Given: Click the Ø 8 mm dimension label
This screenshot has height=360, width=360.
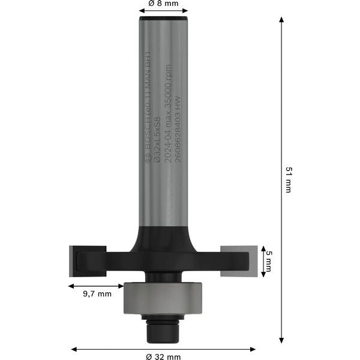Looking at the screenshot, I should click(x=163, y=4).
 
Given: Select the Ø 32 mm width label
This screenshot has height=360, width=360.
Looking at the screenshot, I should click(x=163, y=358).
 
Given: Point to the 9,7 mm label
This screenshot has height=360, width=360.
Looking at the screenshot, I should click(x=96, y=294).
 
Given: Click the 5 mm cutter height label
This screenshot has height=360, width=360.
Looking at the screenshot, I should click(x=268, y=262).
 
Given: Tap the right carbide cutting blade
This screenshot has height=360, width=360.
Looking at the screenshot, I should click(x=238, y=261).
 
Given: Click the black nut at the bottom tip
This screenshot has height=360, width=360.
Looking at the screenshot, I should click(x=163, y=326).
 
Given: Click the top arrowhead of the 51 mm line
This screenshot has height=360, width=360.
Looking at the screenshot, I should click(x=281, y=20).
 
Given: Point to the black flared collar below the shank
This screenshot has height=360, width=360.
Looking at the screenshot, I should click(x=163, y=237).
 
